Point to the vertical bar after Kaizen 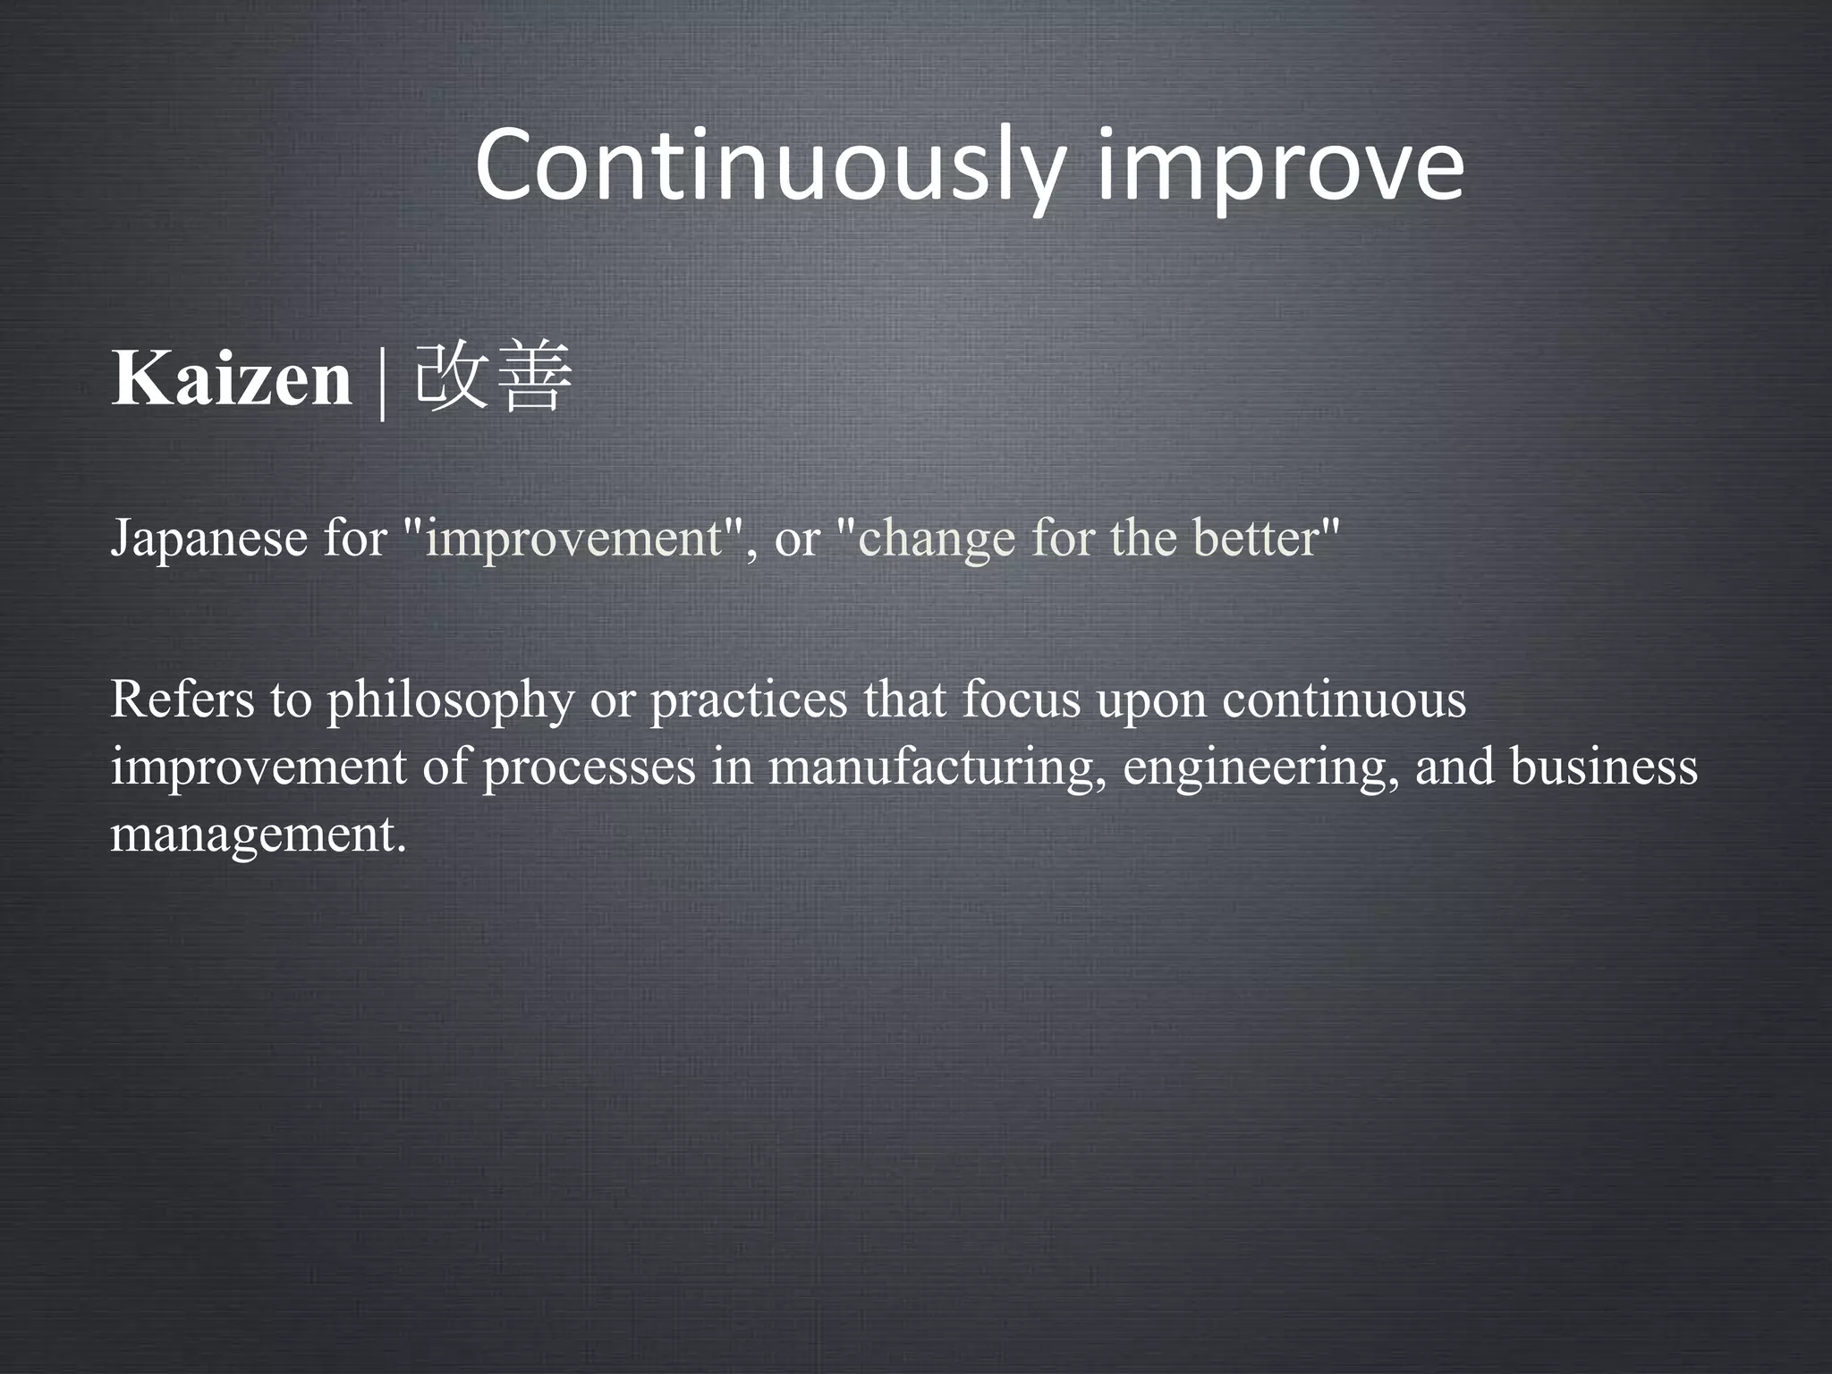[x=383, y=381]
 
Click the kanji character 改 [x=452, y=376]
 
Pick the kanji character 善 [x=533, y=376]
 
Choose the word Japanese [x=208, y=539]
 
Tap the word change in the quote [x=936, y=539]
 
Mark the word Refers [x=182, y=700]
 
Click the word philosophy [x=450, y=700]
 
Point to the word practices [x=748, y=700]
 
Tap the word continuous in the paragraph [x=1344, y=700]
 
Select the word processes [x=589, y=768]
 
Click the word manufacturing [x=931, y=768]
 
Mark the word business [x=1603, y=768]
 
